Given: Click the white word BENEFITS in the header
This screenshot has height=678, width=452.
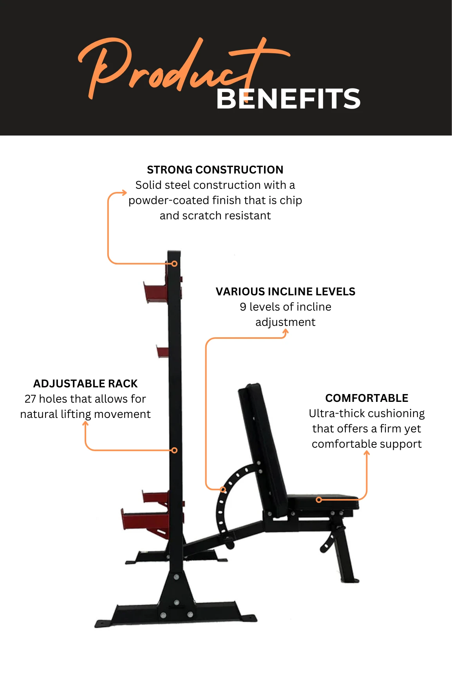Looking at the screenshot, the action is (288, 99).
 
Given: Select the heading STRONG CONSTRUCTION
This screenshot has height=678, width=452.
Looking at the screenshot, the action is (215, 170).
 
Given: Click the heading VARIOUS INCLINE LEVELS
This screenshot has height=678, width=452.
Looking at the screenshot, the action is (286, 291).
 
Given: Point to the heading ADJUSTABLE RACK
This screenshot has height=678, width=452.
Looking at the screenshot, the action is (85, 383).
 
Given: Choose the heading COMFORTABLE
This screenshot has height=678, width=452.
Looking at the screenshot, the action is (367, 398).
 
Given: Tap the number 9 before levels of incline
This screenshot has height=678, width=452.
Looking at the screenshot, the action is (243, 307).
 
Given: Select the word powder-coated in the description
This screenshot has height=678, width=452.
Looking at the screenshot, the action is (169, 201).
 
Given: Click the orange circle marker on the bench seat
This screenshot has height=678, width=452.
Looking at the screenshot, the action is (319, 499).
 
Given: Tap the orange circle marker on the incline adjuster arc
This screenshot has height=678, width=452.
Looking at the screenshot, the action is (223, 489).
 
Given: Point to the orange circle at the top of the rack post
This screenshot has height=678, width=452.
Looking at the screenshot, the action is (175, 264).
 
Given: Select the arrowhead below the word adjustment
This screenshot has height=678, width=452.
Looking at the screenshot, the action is (286, 332).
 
